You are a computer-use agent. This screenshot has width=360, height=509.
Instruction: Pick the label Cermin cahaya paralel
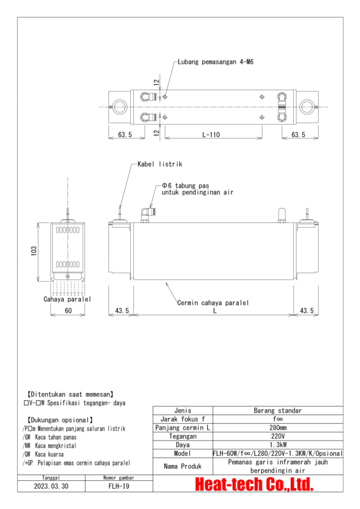click(213, 303)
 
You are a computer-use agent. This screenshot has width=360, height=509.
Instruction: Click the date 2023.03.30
click(52, 487)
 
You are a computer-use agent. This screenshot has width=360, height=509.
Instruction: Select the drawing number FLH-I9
click(119, 487)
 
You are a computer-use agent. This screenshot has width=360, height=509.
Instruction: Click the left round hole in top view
click(120, 106)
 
